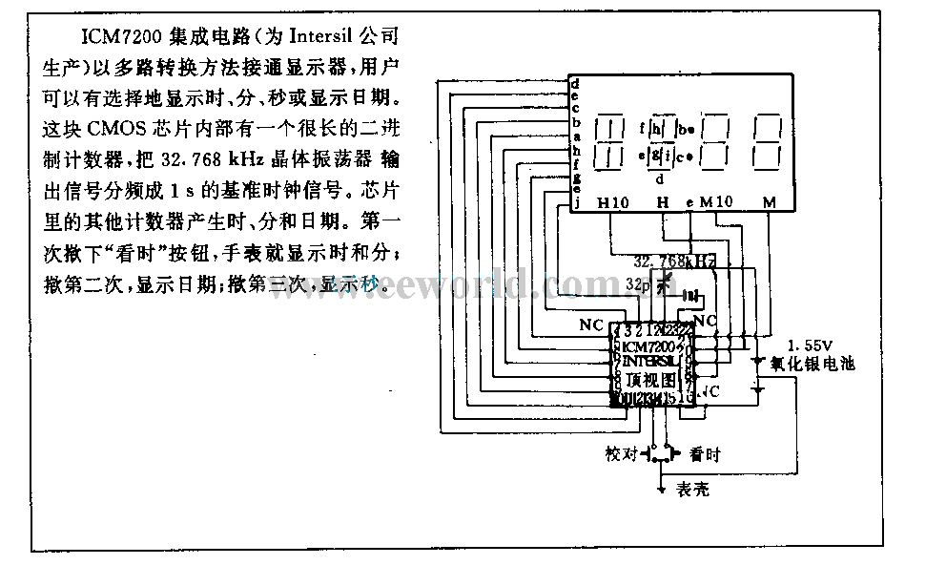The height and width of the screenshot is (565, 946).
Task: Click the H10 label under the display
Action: click(x=613, y=203)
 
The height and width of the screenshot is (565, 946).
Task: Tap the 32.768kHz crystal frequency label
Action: click(x=674, y=262)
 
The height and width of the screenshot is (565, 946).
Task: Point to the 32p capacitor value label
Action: click(x=637, y=283)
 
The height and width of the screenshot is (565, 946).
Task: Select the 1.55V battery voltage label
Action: click(x=810, y=344)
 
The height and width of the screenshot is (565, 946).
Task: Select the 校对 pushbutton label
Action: click(x=622, y=454)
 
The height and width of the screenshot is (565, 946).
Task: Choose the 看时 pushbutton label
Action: click(x=705, y=454)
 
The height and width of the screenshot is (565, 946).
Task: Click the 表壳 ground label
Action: click(x=692, y=491)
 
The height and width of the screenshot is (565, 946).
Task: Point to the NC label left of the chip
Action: click(x=591, y=325)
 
